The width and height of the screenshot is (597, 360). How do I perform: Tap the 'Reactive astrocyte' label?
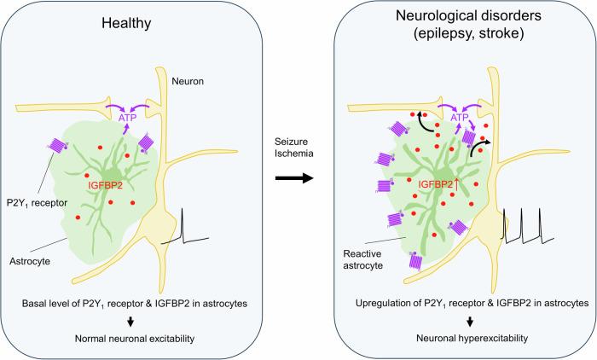click(x=362, y=260)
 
